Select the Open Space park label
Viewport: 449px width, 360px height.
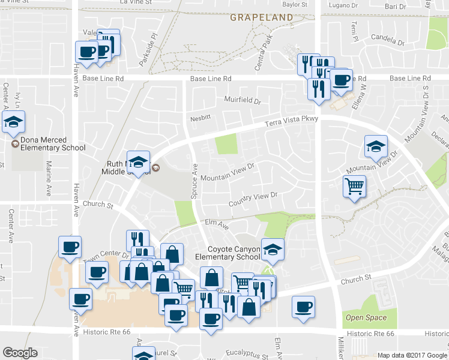coord(366,317)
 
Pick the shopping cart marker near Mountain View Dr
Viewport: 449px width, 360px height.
coord(354,187)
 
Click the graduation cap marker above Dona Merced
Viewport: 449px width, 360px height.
coord(13,122)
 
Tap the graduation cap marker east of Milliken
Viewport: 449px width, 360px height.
coord(376,147)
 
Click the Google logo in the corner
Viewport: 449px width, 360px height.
coord(20,353)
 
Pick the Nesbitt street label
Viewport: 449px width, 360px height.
coord(199,118)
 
